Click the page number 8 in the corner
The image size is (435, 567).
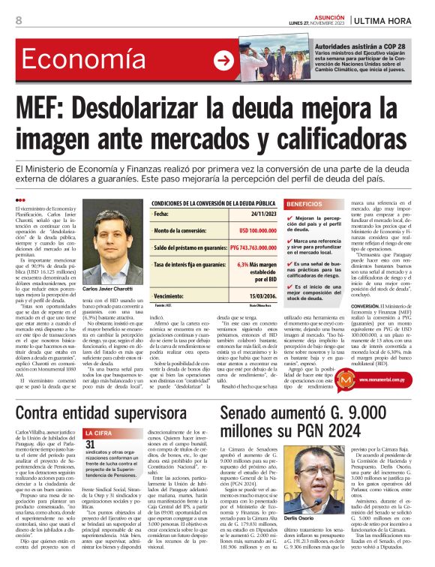(x=17, y=20)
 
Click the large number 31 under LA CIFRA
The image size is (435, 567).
(x=91, y=446)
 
